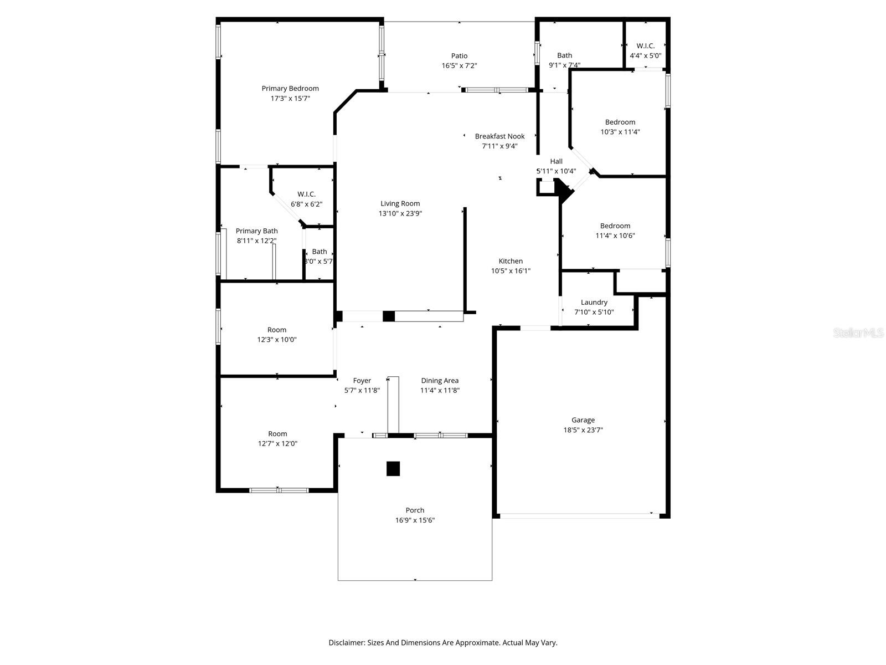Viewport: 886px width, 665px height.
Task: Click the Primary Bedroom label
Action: [x=290, y=88]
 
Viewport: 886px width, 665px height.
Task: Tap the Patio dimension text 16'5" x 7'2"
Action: [x=459, y=65]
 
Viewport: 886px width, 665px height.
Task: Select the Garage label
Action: [x=583, y=420]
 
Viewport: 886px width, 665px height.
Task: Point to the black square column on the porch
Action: [x=393, y=468]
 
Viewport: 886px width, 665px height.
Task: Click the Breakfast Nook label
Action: [x=499, y=136]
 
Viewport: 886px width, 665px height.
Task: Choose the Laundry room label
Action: [x=594, y=302]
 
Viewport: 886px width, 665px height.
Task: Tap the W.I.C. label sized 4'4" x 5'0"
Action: [x=645, y=46]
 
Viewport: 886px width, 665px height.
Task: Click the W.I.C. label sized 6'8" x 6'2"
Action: [x=306, y=194]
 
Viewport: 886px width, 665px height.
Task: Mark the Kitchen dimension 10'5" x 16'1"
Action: [x=511, y=271]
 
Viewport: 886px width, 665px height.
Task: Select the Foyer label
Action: [x=362, y=380]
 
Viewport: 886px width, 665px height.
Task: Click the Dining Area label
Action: [x=440, y=380]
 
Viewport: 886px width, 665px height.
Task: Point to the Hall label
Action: [x=556, y=161]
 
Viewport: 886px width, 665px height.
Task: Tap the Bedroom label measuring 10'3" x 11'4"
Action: [x=620, y=122]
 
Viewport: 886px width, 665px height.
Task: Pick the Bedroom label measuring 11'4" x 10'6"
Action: [x=615, y=226]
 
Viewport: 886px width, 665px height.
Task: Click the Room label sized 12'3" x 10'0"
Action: [x=277, y=330]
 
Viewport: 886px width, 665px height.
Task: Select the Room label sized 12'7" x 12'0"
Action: [x=277, y=433]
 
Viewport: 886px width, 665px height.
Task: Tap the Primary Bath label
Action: [x=256, y=231]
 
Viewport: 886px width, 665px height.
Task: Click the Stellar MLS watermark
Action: [x=859, y=333]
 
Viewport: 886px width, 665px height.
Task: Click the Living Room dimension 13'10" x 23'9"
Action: [x=400, y=213]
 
